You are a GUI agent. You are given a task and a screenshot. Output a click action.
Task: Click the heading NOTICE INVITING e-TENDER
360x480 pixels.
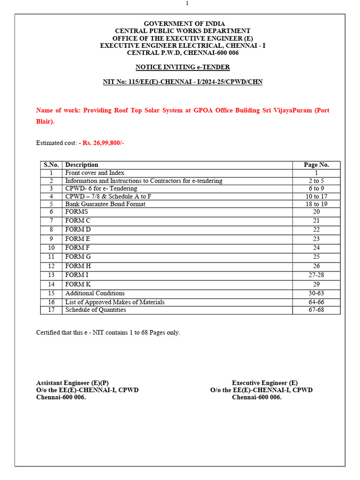tap(183, 67)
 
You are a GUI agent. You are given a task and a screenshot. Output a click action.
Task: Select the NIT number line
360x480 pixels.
tap(183, 82)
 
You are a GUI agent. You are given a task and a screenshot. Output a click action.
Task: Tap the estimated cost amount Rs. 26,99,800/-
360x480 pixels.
tap(103, 143)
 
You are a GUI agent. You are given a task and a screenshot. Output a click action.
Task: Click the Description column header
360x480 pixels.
tap(82, 165)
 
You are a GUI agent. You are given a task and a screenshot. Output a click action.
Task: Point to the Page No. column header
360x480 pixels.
tap(316, 165)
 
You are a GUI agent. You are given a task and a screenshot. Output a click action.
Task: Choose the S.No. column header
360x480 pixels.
tap(52, 165)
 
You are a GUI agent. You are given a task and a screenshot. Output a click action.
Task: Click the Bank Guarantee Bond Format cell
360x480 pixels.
tap(105, 204)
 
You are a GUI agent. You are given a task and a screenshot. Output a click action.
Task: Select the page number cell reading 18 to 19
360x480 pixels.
tap(316, 204)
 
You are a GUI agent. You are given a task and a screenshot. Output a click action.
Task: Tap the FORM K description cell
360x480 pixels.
tap(78, 284)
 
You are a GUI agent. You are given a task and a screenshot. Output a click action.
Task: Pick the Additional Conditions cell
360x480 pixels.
tap(95, 293)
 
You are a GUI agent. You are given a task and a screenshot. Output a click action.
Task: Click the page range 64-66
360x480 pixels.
tap(316, 302)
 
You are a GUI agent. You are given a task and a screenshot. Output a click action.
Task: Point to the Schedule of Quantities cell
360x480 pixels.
tap(96, 310)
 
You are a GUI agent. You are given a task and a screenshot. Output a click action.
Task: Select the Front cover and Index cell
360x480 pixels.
tap(95, 173)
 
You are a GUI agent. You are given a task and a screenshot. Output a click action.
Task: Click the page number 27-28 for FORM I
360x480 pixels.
tap(316, 275)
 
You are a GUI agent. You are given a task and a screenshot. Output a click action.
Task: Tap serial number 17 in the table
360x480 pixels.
tap(52, 310)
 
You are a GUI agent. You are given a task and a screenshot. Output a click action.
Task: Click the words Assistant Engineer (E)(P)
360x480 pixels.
tap(73, 383)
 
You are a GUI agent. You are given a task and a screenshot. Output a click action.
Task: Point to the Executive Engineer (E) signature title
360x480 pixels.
tap(265, 383)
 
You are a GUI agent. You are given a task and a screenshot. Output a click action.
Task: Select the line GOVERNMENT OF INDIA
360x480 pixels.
tap(184, 23)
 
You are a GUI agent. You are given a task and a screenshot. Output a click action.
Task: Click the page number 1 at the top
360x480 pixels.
tap(187, 4)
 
